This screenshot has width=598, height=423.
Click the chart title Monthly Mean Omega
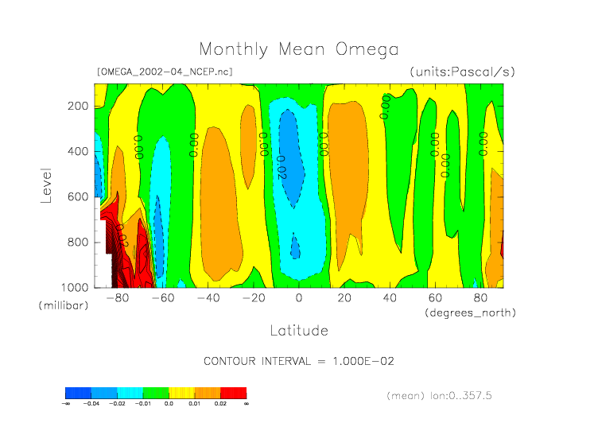pos(298,50)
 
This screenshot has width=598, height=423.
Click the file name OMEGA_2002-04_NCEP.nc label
pos(164,72)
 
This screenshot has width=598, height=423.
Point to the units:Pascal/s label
pos(462,72)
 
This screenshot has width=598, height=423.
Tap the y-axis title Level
pos(46,184)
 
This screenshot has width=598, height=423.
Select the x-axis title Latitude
pos(298,329)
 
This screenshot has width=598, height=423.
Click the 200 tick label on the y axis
pos(76,106)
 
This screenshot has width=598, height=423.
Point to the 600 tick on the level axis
pos(76,196)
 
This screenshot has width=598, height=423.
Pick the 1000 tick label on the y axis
pos(73,287)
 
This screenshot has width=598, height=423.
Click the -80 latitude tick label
pos(118,299)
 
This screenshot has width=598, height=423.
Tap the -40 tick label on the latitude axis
pos(208,299)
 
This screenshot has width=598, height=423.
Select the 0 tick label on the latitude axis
pos(299,299)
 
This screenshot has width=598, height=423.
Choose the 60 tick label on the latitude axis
pos(435,299)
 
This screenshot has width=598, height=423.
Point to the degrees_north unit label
pos(470,312)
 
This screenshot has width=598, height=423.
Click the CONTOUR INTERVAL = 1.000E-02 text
pos(299,361)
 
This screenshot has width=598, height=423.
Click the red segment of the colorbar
pos(234,393)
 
